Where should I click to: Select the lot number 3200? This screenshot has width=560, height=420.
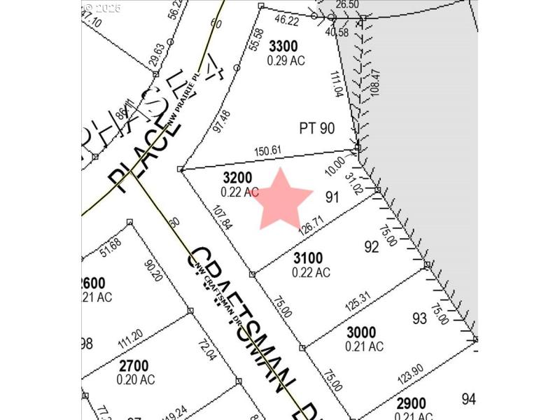click(x=237, y=178)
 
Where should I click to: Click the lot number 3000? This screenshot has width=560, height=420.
click(x=361, y=332)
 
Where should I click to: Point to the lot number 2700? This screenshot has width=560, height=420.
click(x=133, y=365)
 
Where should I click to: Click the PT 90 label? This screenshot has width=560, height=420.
click(x=317, y=128)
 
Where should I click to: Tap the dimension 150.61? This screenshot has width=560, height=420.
click(x=266, y=150)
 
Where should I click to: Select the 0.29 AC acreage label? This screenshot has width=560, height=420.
click(x=286, y=60)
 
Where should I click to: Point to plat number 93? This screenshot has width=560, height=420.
click(x=419, y=319)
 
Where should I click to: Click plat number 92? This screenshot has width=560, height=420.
click(x=372, y=247)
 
